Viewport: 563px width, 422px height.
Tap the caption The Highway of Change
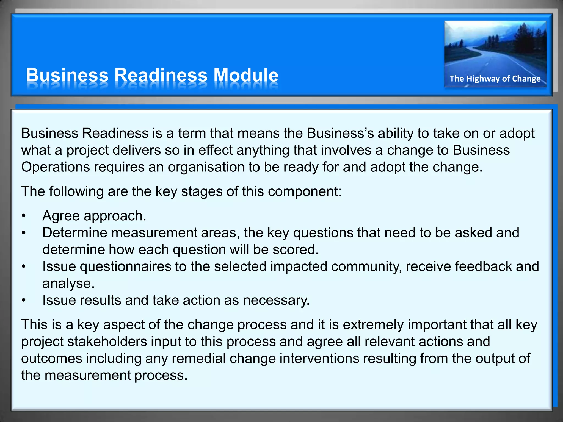pos(495,79)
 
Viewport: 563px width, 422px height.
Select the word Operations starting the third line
pos(55,167)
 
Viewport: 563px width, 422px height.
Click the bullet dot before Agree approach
pos(24,216)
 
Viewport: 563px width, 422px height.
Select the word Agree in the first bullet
pos(61,216)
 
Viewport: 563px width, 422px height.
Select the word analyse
pos(68,284)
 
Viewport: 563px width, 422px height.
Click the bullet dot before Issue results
pos(24,301)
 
